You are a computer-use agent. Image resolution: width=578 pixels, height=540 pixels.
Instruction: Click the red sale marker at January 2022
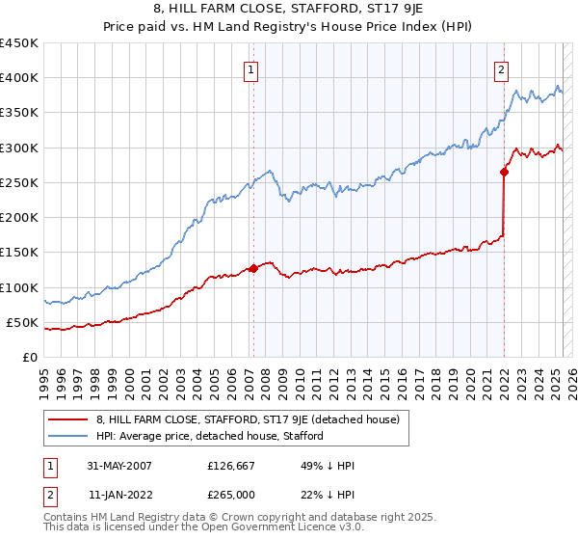pyautogui.click(x=504, y=172)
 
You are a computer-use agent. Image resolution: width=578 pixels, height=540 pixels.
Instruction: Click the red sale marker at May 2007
pyautogui.click(x=253, y=268)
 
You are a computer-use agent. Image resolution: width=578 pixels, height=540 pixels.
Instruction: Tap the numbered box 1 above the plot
pyautogui.click(x=251, y=68)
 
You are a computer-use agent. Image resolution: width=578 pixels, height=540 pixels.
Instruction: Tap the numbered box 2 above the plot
pyautogui.click(x=503, y=68)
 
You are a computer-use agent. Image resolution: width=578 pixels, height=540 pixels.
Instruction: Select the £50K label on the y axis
pyautogui.click(x=22, y=322)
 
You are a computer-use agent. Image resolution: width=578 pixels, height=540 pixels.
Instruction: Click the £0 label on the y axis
pyautogui.click(x=29, y=357)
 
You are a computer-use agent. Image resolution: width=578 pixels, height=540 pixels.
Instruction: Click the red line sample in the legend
pyautogui.click(x=69, y=418)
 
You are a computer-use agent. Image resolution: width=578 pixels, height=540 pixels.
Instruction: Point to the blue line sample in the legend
pyautogui.click(x=69, y=436)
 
